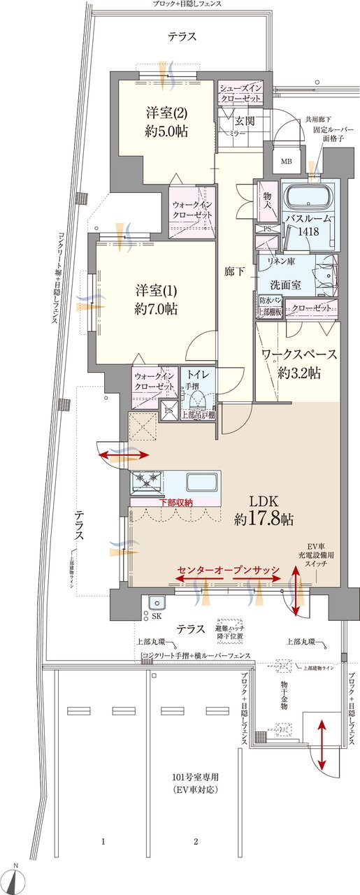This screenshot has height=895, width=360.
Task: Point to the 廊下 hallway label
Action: [235, 271]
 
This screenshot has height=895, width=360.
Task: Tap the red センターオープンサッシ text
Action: [229, 569]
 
